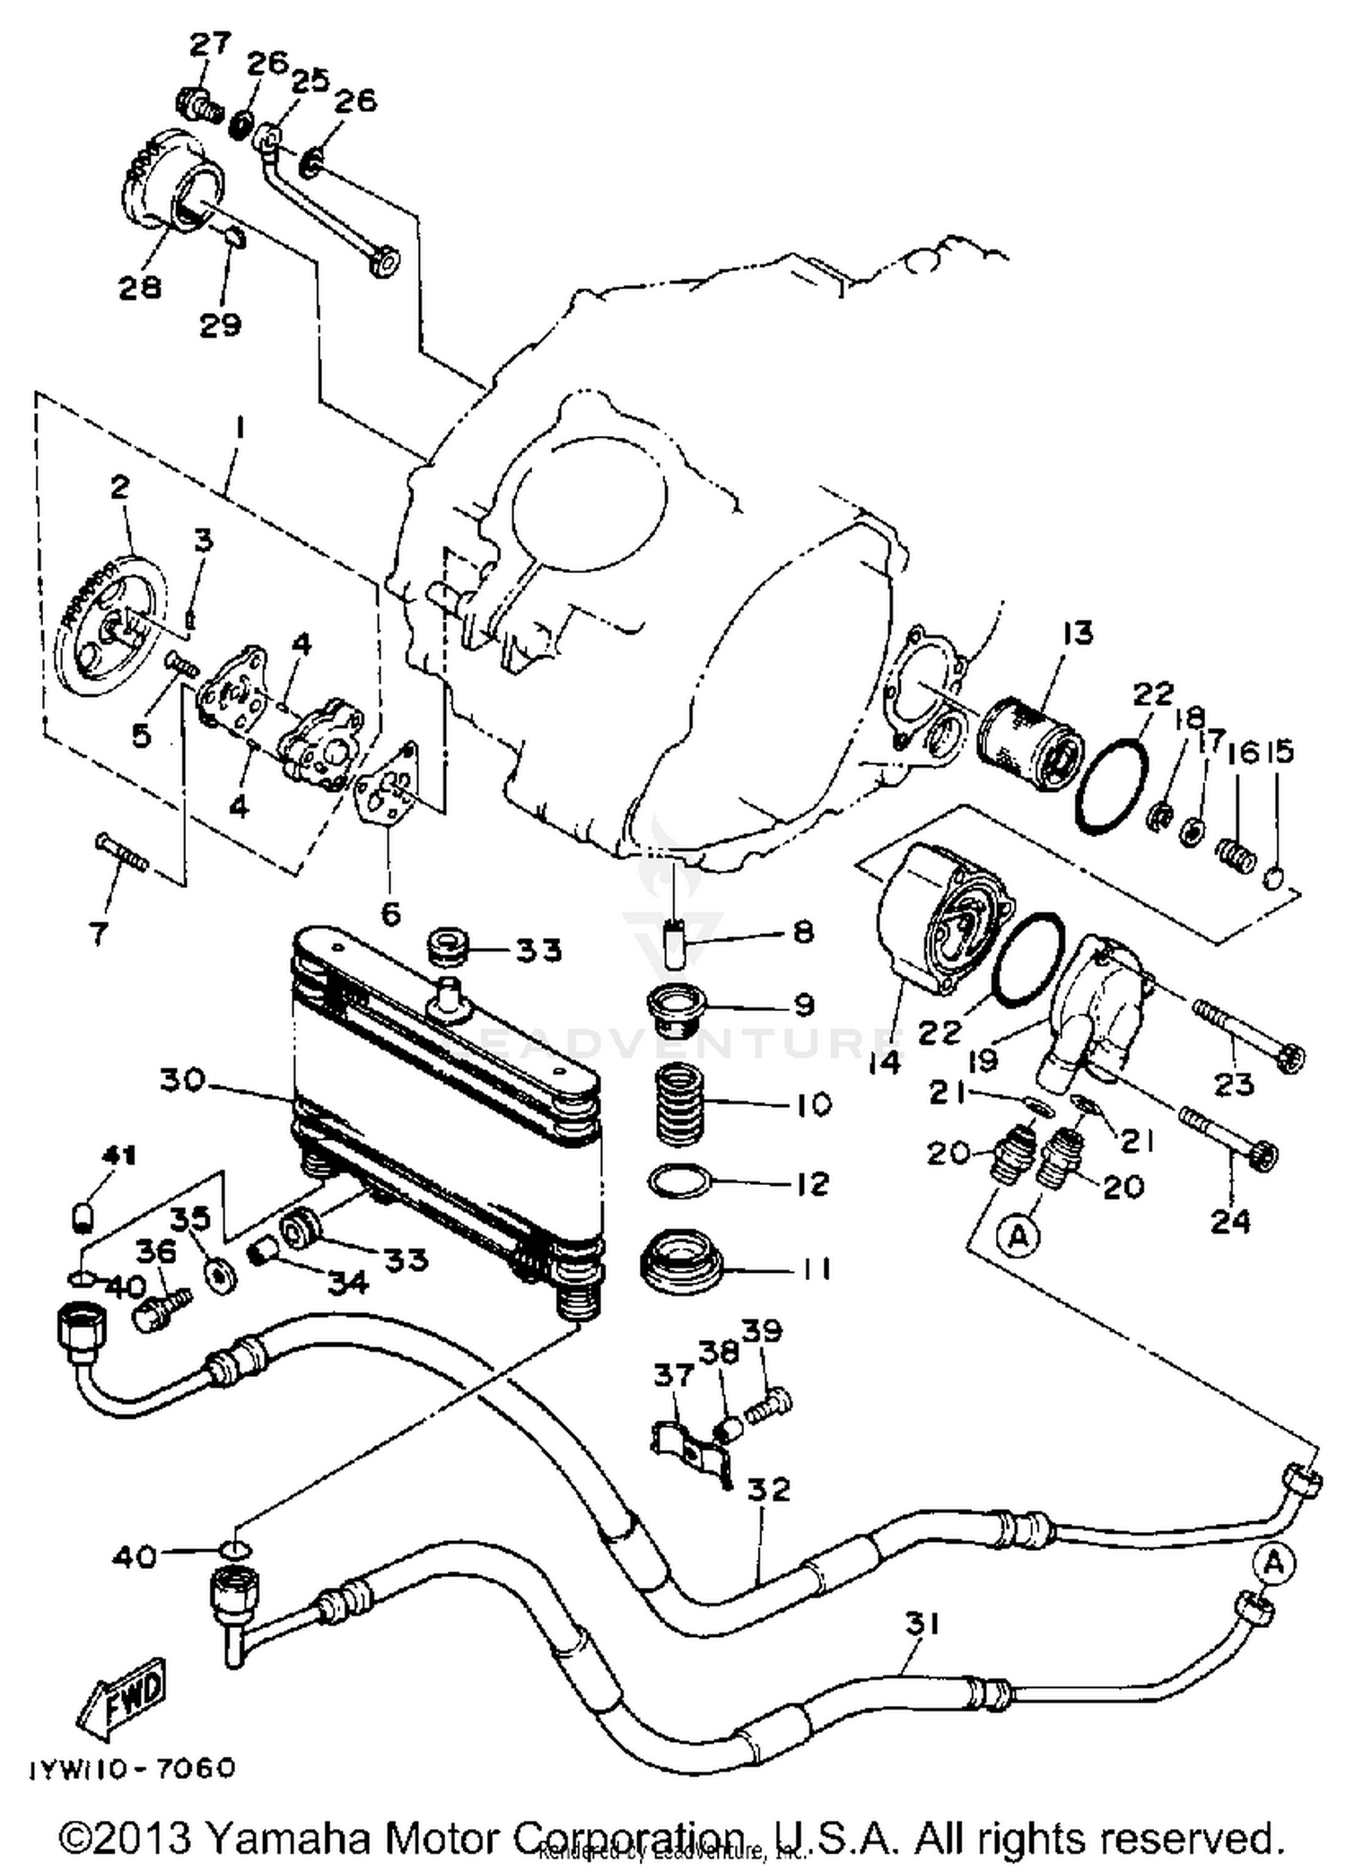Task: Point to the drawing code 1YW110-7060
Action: (133, 1768)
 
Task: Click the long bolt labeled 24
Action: (1229, 1140)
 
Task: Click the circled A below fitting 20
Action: (1017, 1237)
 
